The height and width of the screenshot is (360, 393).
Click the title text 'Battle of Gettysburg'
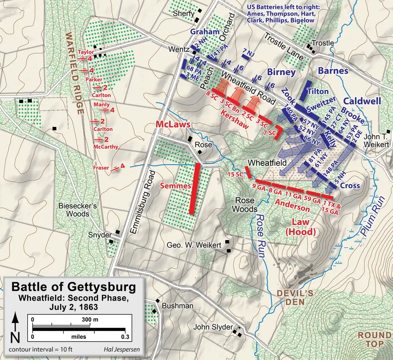73,287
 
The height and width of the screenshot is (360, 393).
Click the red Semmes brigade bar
193,188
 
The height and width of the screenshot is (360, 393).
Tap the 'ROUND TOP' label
372,340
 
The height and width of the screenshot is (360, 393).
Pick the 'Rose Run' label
261,235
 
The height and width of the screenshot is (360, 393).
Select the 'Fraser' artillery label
101,167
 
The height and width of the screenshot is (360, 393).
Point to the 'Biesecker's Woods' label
73,210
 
